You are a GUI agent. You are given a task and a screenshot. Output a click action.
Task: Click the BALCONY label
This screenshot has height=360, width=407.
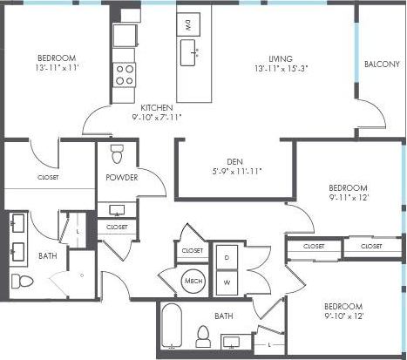pyautogui.click(x=382, y=64)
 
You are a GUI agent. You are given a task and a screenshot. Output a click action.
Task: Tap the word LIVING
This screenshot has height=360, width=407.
pyautogui.click(x=281, y=57)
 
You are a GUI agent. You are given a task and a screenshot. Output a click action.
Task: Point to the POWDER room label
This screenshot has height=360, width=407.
pyautogui.click(x=121, y=178)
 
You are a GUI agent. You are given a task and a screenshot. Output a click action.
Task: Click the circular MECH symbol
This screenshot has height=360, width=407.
pyautogui.click(x=193, y=281)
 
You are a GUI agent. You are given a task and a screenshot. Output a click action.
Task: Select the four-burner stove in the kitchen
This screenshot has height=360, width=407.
pyautogui.click(x=125, y=73)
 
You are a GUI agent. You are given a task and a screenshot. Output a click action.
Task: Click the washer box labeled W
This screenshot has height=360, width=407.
pyautogui.click(x=227, y=282)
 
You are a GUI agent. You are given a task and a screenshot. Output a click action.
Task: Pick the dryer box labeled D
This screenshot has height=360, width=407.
pyautogui.click(x=227, y=259)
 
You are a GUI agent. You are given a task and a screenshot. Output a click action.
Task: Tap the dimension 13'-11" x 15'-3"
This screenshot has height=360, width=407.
pyautogui.click(x=282, y=67)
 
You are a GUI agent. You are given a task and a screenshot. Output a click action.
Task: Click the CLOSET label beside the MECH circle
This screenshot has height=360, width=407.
pyautogui.click(x=193, y=251)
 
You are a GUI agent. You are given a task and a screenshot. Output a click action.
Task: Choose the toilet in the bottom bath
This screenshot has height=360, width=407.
pyautogui.click(x=204, y=336)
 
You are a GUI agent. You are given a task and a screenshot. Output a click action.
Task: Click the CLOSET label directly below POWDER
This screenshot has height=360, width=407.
pyautogui.click(x=116, y=228)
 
